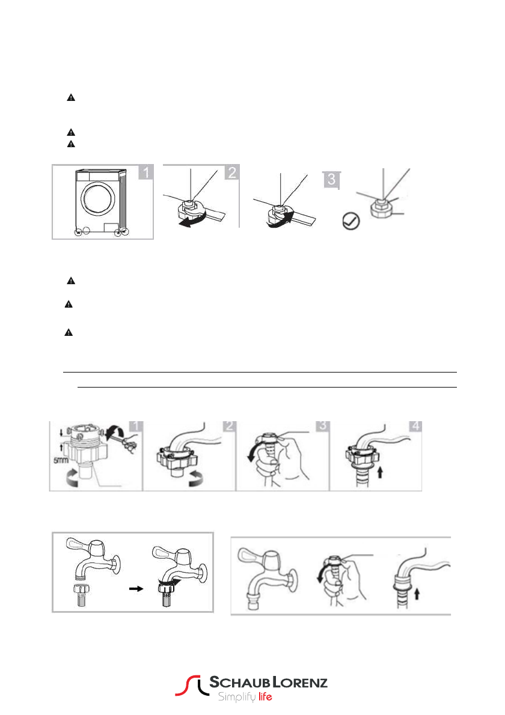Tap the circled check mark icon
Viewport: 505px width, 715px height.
(351, 221)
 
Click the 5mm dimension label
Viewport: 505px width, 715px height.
(61, 460)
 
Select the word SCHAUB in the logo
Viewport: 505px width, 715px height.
(239, 682)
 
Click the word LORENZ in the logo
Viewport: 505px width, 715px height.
(300, 682)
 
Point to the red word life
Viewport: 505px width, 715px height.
(265, 697)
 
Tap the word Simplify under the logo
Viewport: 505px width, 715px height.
(236, 697)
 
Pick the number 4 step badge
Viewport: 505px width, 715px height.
(415, 426)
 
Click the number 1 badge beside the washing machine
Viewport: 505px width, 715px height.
(146, 172)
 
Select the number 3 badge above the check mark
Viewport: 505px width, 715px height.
(331, 179)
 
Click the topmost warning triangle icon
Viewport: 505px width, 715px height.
(71, 97)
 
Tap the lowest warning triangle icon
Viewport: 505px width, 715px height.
(69, 332)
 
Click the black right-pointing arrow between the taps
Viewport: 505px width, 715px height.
(136, 589)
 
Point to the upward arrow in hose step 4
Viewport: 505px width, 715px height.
(380, 472)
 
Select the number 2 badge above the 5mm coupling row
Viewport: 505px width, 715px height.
(230, 426)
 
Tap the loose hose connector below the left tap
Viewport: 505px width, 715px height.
(81, 595)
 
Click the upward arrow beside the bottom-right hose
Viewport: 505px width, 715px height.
(417, 594)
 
